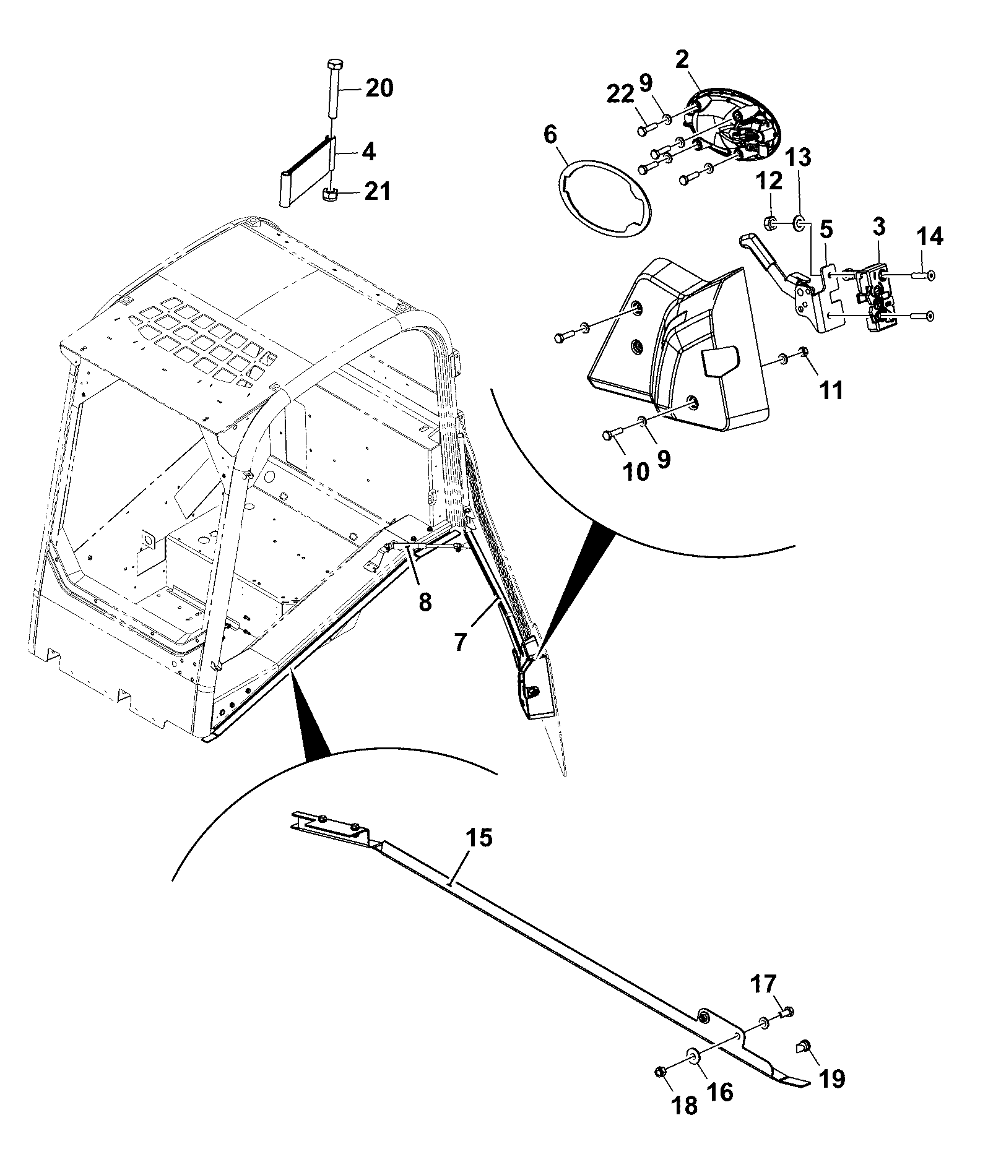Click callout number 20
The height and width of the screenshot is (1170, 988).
point(378,88)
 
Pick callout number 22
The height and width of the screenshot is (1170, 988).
point(621,95)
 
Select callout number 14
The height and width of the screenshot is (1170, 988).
point(930,237)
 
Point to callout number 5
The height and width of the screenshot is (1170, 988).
point(826,229)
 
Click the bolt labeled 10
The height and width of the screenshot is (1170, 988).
point(612,437)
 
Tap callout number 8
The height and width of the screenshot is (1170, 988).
point(425,601)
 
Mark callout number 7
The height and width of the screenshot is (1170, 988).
point(459,642)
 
